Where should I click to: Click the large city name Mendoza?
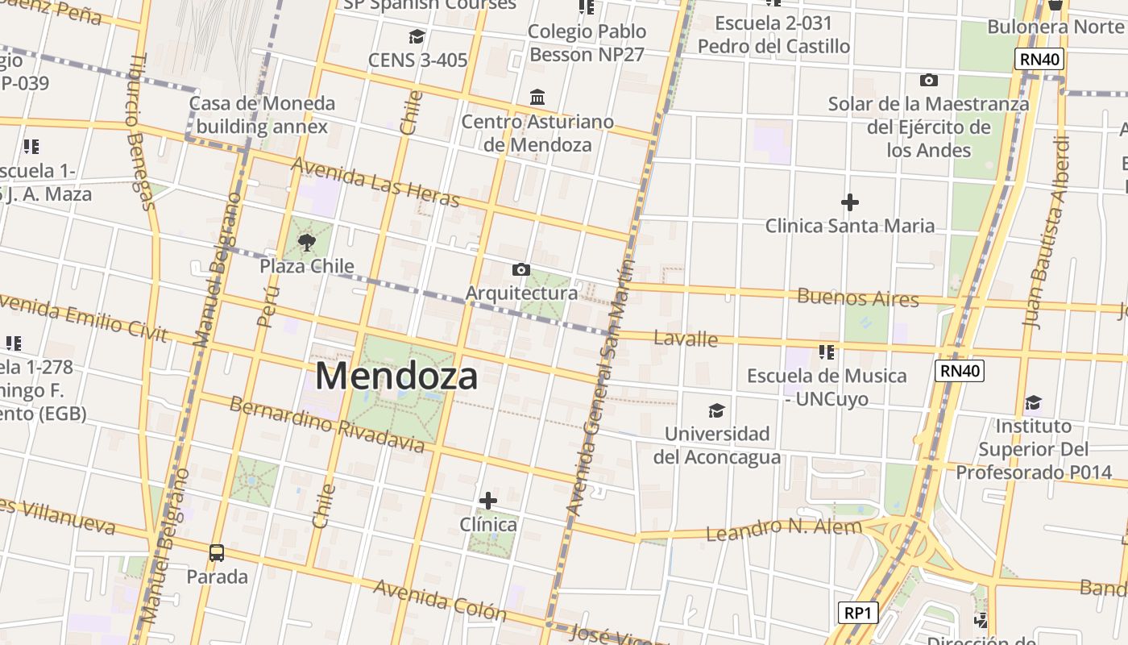click(396, 376)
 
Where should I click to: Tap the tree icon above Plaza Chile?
click(306, 242)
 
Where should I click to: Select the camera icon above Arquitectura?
click(521, 269)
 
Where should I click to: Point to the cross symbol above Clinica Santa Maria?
click(849, 202)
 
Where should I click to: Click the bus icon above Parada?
click(216, 553)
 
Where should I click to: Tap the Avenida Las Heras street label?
click(375, 182)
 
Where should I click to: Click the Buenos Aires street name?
click(857, 298)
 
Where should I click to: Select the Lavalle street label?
click(686, 338)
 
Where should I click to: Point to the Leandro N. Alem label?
click(784, 529)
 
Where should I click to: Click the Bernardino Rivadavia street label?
click(326, 424)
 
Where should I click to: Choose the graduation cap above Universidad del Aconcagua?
click(716, 411)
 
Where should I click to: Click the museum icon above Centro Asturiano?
click(537, 98)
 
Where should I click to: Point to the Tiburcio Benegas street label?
click(139, 132)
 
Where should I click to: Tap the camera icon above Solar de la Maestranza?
click(928, 80)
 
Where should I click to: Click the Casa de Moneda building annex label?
click(262, 114)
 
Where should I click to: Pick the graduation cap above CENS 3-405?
click(417, 36)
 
